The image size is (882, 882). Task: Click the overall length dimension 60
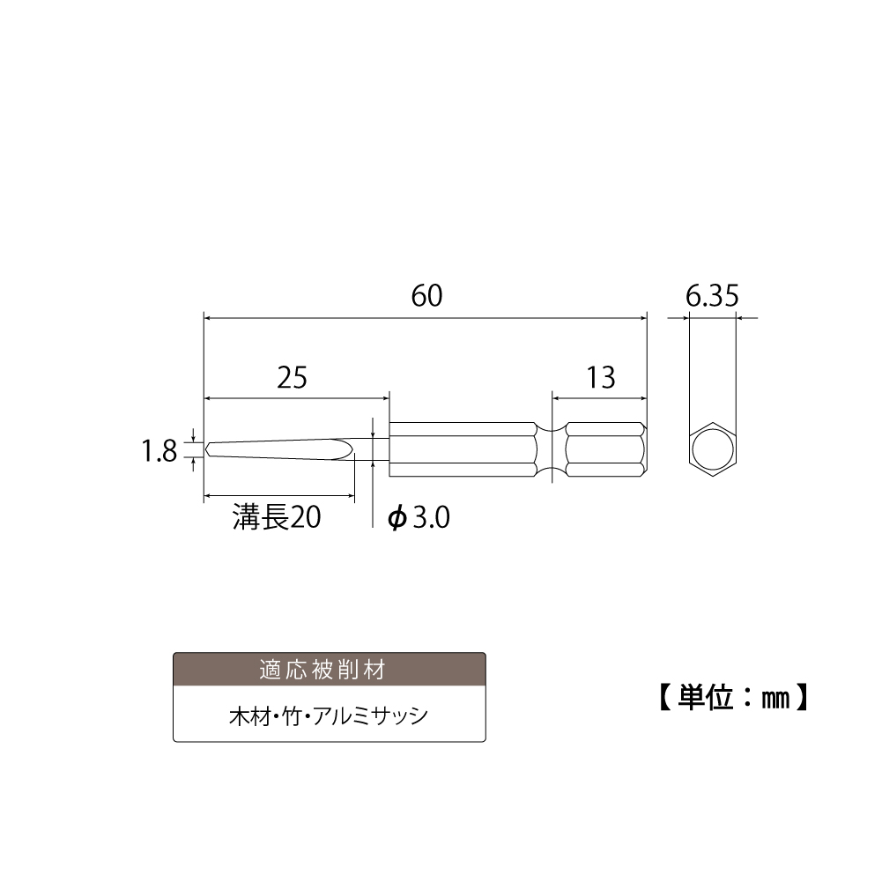[427, 296]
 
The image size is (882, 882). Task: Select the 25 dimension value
[292, 377]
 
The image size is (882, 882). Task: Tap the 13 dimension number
[601, 377]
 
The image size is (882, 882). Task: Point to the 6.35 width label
[712, 296]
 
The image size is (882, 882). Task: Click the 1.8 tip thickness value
[159, 451]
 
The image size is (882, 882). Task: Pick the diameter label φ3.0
[419, 517]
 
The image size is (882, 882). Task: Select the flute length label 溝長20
[277, 517]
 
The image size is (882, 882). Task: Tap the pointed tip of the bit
[207, 448]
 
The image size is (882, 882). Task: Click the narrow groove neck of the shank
[552, 449]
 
